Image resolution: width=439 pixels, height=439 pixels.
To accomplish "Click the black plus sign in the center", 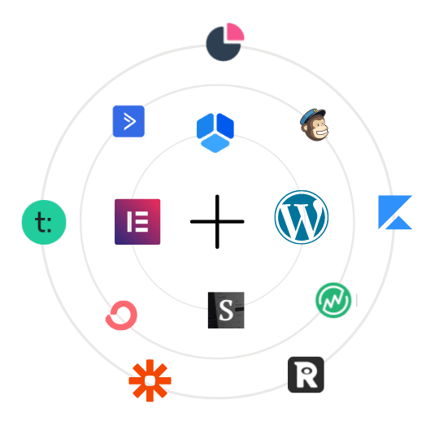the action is click(217, 221).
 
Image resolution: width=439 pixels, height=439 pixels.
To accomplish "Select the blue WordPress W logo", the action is click(302, 217).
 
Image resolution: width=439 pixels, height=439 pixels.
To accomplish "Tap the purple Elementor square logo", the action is click(137, 222).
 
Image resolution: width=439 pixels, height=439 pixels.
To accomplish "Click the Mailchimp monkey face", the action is click(314, 125).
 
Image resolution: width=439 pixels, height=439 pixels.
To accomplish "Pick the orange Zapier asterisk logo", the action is click(150, 380).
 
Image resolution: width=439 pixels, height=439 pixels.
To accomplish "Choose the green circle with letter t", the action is click(44, 222).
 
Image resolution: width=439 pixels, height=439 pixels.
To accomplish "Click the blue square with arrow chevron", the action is click(128, 121).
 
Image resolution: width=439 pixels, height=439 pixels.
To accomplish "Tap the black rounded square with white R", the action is click(306, 375).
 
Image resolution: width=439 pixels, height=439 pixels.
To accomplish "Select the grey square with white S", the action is click(226, 311).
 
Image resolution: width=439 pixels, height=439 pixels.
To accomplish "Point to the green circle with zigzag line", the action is click(333, 300).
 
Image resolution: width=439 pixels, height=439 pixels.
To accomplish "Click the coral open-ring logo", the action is click(121, 315).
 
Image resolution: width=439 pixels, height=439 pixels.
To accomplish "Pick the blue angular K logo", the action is click(395, 212).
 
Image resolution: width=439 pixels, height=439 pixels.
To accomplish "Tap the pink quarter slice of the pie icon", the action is click(235, 32).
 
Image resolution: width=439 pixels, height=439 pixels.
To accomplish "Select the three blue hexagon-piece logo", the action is click(215, 133).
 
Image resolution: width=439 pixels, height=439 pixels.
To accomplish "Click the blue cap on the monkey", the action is click(312, 116).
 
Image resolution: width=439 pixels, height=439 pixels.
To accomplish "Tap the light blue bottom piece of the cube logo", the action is click(215, 143).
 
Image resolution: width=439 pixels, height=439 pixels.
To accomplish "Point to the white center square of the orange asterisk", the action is click(150, 380).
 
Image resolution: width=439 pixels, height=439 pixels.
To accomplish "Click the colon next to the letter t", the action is click(50, 224).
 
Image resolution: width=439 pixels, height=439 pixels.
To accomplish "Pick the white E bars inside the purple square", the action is click(137, 222).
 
